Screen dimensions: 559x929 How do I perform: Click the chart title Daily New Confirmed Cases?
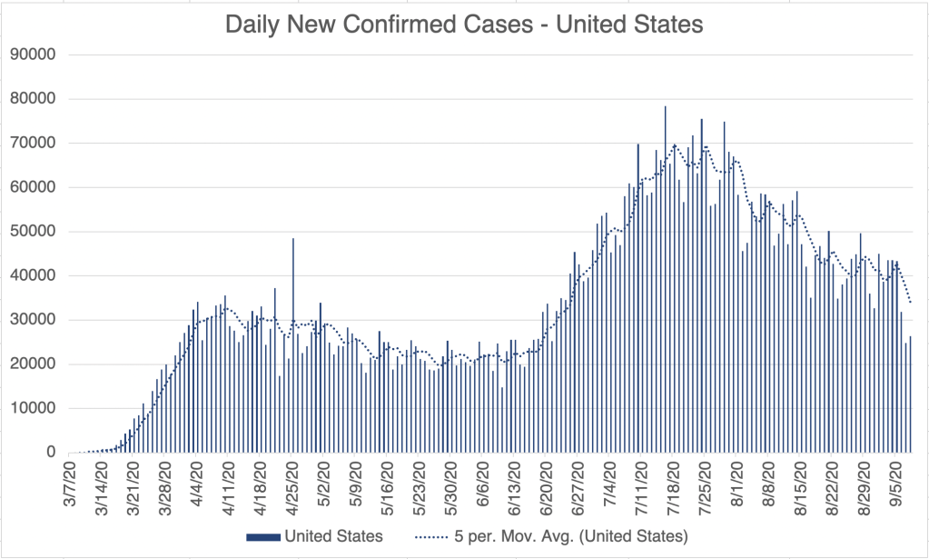click(464, 25)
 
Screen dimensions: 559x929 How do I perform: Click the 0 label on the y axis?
click(51, 453)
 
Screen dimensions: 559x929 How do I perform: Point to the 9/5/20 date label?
click(899, 484)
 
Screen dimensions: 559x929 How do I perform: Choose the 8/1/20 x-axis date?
click(738, 484)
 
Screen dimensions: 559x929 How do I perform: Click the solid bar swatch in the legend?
click(263, 536)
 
